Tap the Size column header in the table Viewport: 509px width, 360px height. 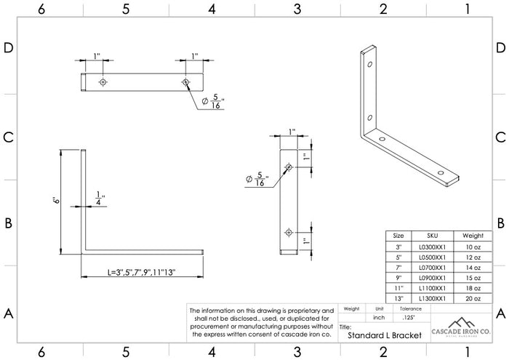pos(398,236)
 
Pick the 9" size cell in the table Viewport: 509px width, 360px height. pos(398,278)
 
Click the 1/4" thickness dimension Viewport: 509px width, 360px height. pos(100,198)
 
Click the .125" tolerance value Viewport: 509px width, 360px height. pos(409,318)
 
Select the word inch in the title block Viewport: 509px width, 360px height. pos(378,318)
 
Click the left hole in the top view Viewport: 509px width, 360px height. pos(103,81)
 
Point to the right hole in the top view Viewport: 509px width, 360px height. pos(186,81)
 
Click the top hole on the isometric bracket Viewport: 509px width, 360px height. pos(370,65)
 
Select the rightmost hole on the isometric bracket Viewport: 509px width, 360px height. pos(441,172)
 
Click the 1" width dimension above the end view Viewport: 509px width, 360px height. pos(292,132)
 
